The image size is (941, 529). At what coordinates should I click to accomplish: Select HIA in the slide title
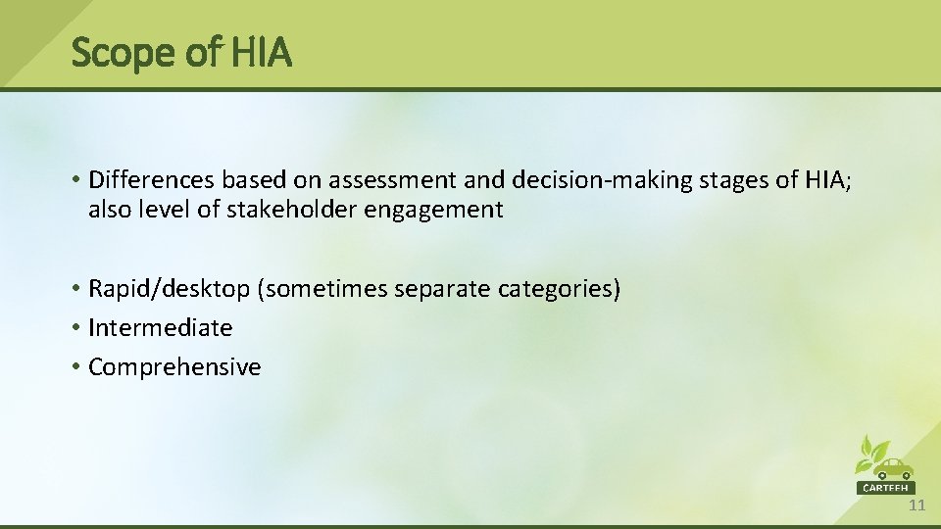click(x=261, y=53)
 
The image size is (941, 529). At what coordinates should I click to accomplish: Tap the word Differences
click(x=152, y=180)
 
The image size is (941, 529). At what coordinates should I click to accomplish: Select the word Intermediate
click(x=161, y=328)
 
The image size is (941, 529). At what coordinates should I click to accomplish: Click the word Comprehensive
click(x=174, y=367)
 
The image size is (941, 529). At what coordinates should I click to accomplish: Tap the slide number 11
click(x=916, y=505)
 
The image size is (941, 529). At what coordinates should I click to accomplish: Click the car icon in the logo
click(x=892, y=468)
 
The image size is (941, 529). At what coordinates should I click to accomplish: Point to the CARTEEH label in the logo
click(x=886, y=487)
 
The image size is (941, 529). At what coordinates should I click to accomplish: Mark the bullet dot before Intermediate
click(x=76, y=328)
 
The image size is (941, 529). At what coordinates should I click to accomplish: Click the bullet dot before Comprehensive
click(x=76, y=367)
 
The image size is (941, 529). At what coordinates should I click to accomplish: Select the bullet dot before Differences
click(x=76, y=180)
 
